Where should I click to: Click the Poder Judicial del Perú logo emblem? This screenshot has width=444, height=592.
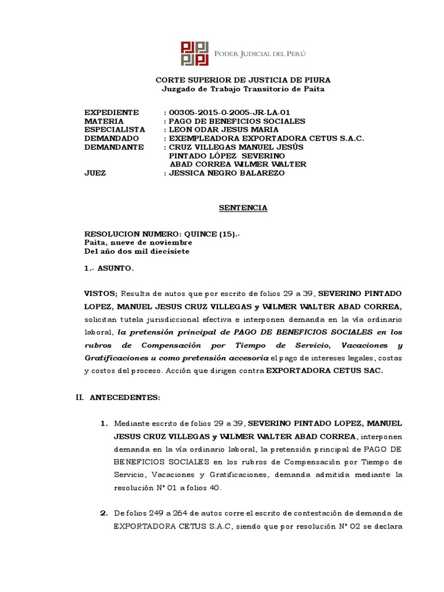194,54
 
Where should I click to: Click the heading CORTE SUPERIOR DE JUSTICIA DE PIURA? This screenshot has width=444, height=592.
244,80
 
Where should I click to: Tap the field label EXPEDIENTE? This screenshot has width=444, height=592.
112,112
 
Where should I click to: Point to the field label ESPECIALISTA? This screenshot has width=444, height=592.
114,129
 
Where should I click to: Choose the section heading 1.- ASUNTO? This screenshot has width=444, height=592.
109,268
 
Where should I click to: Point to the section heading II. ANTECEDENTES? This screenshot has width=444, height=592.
122,398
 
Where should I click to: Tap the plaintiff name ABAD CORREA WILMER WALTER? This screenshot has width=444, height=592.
237,164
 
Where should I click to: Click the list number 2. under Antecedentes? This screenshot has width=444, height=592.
104,513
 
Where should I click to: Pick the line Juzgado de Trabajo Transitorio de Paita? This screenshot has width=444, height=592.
244,89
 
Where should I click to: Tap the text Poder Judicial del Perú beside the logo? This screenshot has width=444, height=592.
260,54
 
